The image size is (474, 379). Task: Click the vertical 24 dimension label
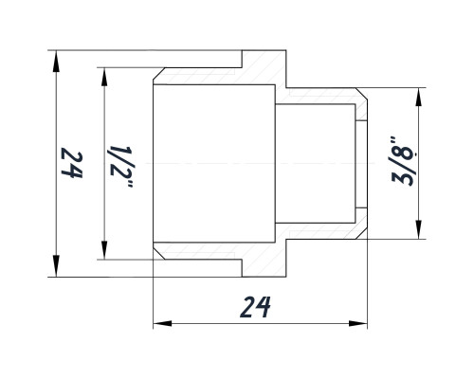72,163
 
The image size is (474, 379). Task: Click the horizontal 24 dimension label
255,307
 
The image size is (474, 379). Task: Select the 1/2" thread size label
120,167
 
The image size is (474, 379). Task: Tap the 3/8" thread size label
403,161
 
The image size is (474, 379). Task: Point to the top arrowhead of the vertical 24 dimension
56,62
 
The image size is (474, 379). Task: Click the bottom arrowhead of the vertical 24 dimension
56,265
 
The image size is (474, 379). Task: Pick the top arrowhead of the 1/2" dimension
104,79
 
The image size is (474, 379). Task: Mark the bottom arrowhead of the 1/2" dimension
104,248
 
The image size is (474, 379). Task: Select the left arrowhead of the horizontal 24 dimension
162,323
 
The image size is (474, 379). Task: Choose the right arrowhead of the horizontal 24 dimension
357,323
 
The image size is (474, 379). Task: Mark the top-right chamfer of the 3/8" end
361,94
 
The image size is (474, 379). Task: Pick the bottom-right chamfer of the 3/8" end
361,233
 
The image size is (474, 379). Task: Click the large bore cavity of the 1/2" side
214,163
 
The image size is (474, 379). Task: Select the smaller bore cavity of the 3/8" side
315,163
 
